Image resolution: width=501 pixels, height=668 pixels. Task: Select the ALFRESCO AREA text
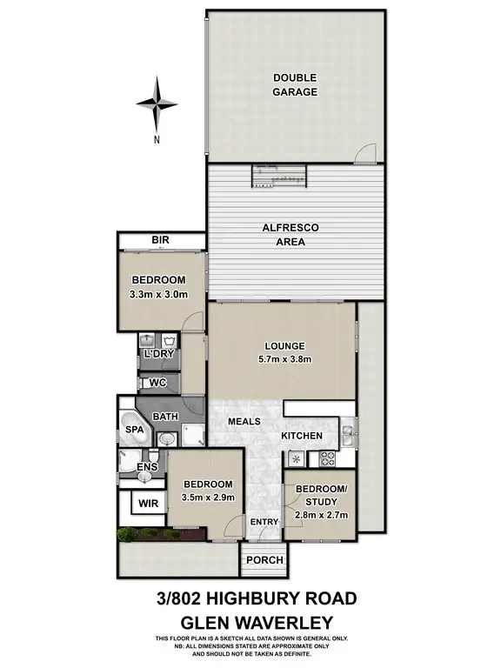[291, 234]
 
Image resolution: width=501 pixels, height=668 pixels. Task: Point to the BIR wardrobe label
[159, 240]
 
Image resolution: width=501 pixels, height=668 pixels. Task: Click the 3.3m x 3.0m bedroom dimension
[158, 293]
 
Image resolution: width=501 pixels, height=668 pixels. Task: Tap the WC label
[157, 383]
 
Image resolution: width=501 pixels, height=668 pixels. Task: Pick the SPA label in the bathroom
[134, 431]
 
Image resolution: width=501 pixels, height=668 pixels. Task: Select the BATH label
[165, 417]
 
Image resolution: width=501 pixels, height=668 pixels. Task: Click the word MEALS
[245, 422]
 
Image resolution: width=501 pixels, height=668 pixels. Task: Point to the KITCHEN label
[302, 436]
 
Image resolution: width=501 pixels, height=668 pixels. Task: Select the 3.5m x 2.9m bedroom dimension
[207, 498]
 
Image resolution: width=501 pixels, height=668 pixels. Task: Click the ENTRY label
[264, 521]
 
